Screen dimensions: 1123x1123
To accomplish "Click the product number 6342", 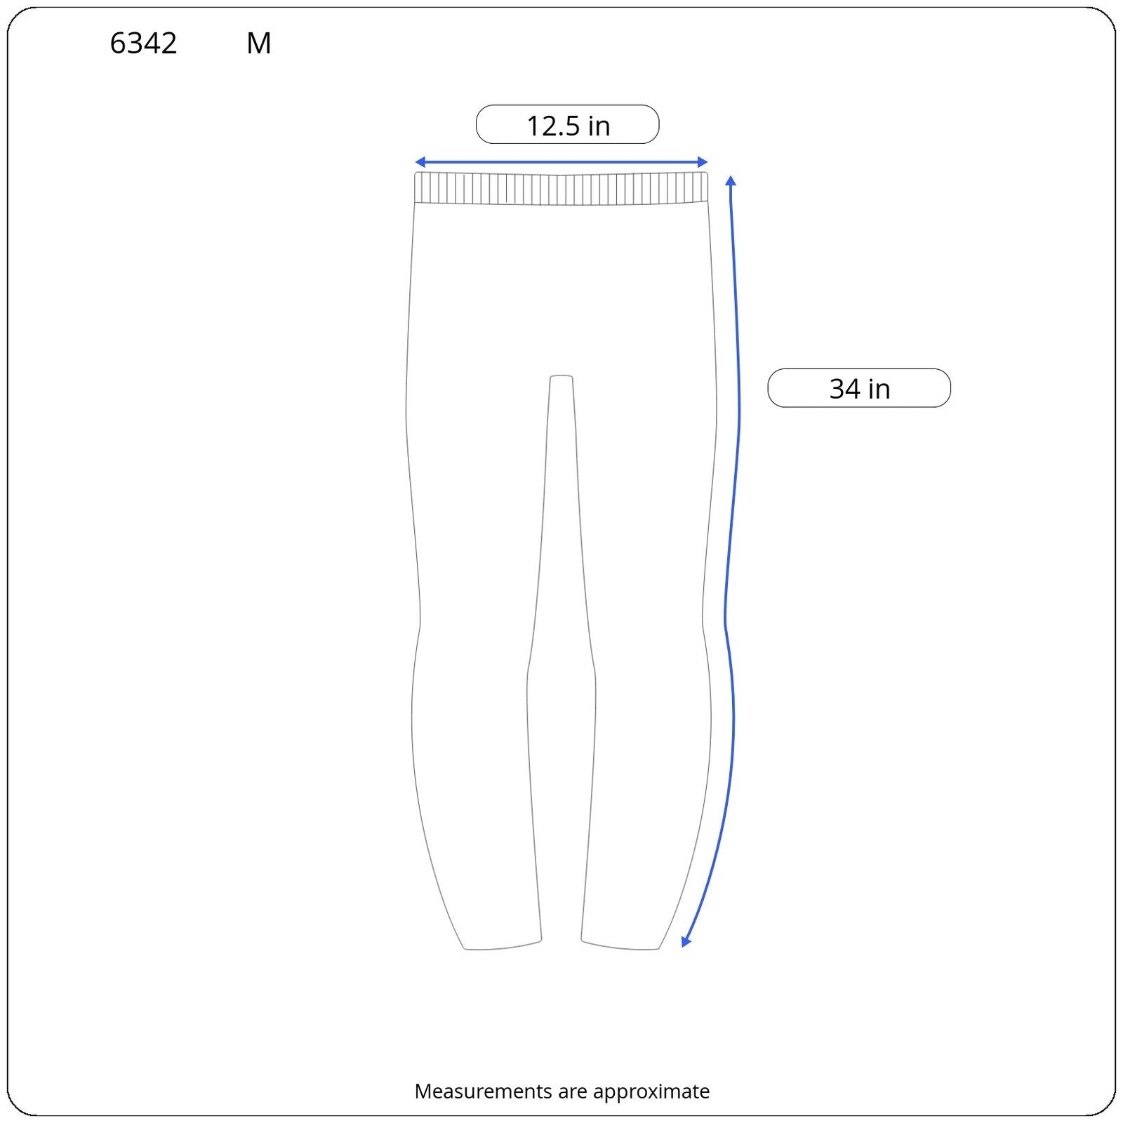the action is pos(143,44).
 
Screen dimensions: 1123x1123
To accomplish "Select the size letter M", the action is pos(259,44).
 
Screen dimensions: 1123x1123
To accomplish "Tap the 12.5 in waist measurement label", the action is pos(568,125).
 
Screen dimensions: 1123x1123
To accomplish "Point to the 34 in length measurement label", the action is pos(859,388).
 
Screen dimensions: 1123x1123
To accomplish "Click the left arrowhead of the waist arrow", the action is pos(419,163).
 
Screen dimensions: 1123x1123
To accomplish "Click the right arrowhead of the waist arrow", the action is pos(703,163).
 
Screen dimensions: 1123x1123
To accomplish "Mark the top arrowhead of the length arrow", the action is pos(731,180).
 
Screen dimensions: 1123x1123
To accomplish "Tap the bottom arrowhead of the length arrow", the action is pos(686,942).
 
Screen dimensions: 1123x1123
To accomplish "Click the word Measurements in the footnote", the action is pos(483,1091).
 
